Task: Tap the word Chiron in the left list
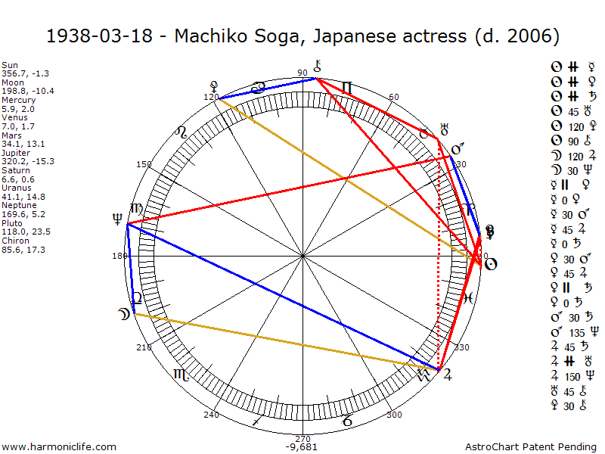coord(15,240)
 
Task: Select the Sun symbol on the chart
coord(490,264)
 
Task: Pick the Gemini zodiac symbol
coord(347,88)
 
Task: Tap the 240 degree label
coord(211,415)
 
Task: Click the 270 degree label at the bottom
coord(302,438)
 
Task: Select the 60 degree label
coord(393,97)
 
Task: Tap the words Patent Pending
coord(560,447)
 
